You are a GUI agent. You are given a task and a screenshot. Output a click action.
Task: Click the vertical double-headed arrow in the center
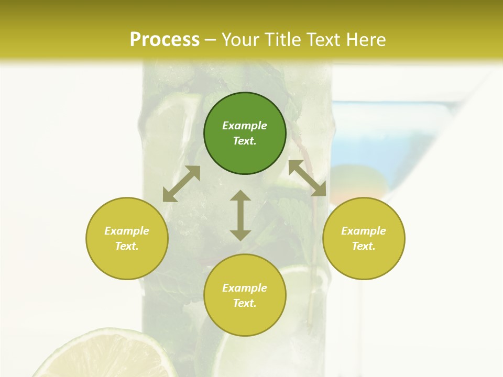click(x=240, y=215)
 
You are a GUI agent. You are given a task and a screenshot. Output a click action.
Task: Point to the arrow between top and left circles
click(x=181, y=184)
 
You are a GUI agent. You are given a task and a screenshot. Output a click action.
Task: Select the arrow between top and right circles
click(x=308, y=178)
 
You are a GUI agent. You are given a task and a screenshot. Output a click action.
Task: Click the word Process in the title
click(x=165, y=39)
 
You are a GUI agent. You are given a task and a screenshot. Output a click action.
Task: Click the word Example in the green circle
click(x=245, y=126)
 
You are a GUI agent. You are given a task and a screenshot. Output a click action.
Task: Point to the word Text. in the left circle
click(x=127, y=246)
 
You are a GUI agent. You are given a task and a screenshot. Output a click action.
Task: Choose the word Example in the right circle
click(x=364, y=231)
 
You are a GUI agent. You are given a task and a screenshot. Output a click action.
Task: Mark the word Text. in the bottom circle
click(x=245, y=303)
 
